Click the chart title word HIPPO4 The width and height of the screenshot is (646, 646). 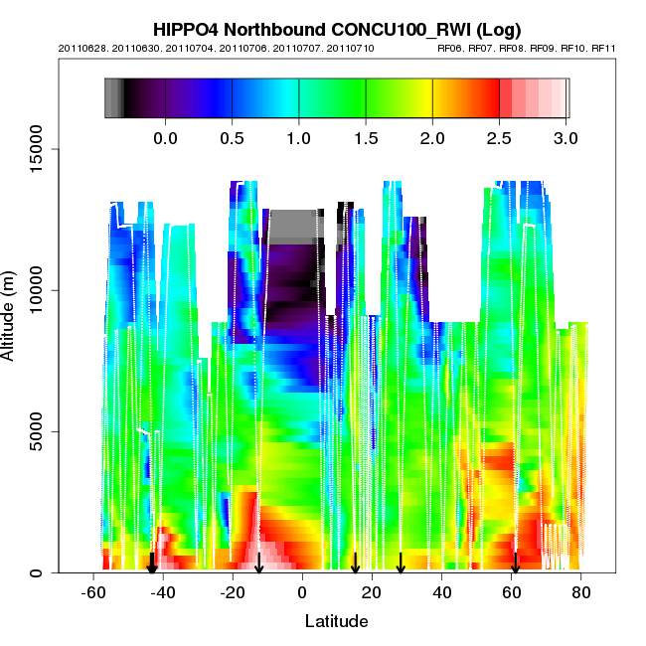pos(186,29)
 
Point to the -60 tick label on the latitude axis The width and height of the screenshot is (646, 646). pos(93,593)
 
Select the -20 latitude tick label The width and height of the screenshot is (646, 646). pos(233,593)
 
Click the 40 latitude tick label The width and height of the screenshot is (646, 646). pos(442,593)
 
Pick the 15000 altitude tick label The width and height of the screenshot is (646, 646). pos(37,149)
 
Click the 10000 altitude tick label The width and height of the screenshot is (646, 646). pos(37,290)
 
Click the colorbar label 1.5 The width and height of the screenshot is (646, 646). pos(366,138)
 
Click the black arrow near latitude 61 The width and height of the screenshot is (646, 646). pos(515,564)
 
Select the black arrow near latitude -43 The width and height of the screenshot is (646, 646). pos(152,564)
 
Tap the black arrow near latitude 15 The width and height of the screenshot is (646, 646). pos(355,564)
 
